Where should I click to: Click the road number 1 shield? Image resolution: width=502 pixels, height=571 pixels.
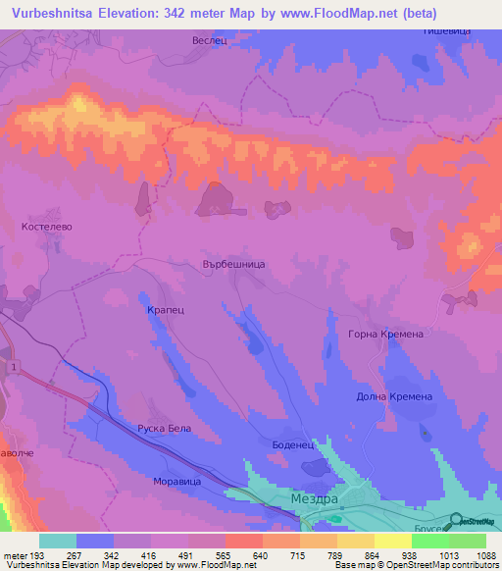[x=15, y=366]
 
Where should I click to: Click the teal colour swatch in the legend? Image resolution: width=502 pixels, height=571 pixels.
[x=58, y=541]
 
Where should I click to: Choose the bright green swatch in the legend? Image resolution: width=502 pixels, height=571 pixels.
[x=467, y=541]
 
